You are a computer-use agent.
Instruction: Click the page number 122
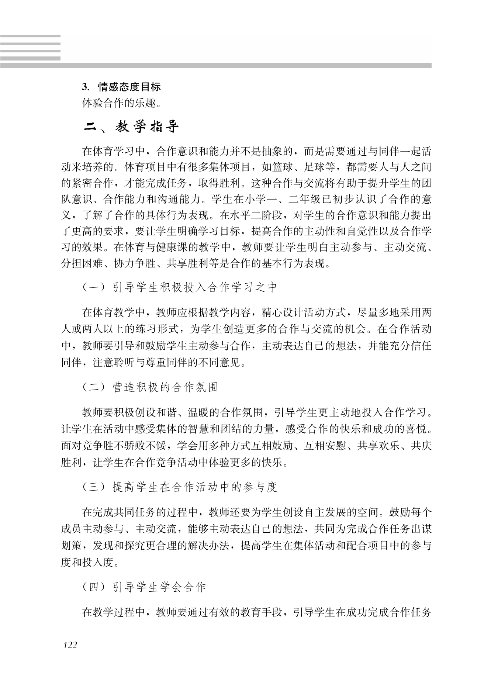[x=70, y=645]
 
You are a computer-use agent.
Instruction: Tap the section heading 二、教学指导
[x=131, y=127]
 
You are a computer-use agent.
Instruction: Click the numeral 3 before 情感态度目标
[x=84, y=87]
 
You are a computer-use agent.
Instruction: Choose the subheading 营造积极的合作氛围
[x=165, y=387]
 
